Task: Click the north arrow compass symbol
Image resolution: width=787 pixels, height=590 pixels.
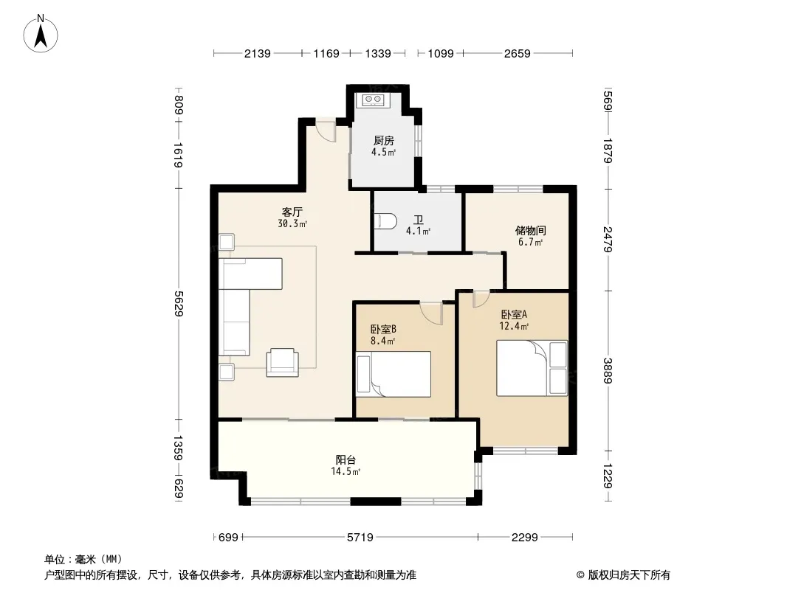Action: pyautogui.click(x=41, y=34)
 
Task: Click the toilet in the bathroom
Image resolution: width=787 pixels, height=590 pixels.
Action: pyautogui.click(x=385, y=221)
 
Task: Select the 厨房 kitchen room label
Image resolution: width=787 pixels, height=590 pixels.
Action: pyautogui.click(x=383, y=141)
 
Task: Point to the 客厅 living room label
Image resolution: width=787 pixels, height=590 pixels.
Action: pyautogui.click(x=292, y=212)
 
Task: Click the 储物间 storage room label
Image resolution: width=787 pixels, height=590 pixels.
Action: pyautogui.click(x=531, y=231)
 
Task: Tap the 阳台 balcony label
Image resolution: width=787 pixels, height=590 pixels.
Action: pyautogui.click(x=346, y=459)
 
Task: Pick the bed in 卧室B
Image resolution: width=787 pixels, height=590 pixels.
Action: pyautogui.click(x=393, y=374)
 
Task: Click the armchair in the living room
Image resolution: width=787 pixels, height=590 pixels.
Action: pyautogui.click(x=282, y=362)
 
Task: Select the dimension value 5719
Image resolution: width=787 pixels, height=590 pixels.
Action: pyautogui.click(x=360, y=538)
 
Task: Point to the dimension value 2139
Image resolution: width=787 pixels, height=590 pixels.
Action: pyautogui.click(x=258, y=53)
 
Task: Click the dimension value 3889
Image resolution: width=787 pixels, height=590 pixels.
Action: pyautogui.click(x=608, y=370)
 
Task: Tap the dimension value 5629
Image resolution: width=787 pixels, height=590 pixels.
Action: pyautogui.click(x=178, y=303)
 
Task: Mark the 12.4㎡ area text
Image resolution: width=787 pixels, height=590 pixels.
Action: pyautogui.click(x=514, y=326)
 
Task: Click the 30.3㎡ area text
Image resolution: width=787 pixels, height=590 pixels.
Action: pyautogui.click(x=292, y=224)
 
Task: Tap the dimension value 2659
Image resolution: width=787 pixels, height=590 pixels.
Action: pyautogui.click(x=518, y=53)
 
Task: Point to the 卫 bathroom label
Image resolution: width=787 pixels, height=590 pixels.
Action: pyautogui.click(x=418, y=220)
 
